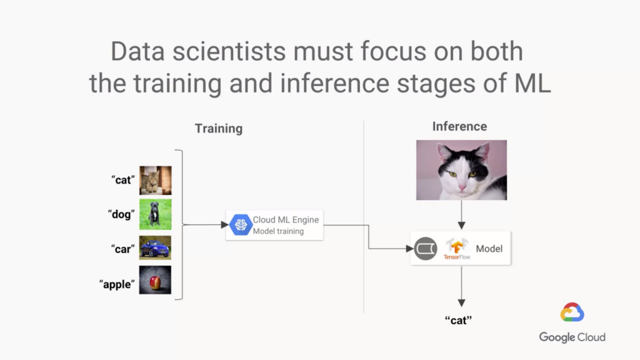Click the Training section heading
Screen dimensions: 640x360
219,129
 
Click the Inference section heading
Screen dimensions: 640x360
459,126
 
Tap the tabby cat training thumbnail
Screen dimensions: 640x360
156,181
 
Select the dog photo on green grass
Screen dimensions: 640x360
156,214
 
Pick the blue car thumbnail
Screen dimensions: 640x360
155,247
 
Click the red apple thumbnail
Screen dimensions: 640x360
155,280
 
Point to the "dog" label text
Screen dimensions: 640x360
121,214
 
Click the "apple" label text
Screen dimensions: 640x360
117,284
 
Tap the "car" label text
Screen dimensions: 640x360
123,249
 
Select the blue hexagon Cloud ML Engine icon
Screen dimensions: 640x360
241,225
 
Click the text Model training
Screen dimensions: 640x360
278,231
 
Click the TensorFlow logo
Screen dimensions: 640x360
457,249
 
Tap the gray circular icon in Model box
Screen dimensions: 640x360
426,249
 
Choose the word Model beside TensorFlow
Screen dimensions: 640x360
489,249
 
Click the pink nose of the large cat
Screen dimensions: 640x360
462,187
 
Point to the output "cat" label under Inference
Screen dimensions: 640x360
458,321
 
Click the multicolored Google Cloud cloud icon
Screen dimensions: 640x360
572,312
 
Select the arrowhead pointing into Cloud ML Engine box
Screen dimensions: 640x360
224,225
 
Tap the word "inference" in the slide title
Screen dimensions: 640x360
334,83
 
